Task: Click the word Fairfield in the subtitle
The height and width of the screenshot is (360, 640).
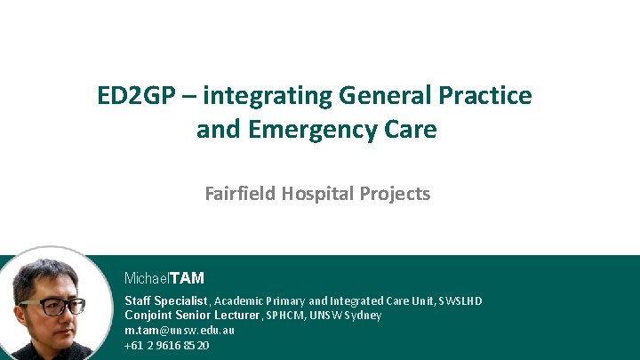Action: coord(240,193)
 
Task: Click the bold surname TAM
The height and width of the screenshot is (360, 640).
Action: coord(187,278)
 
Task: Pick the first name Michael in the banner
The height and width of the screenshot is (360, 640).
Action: coord(147,278)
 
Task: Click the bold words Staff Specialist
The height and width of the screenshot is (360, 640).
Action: coord(165,301)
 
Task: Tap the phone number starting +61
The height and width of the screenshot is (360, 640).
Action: coord(166,345)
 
